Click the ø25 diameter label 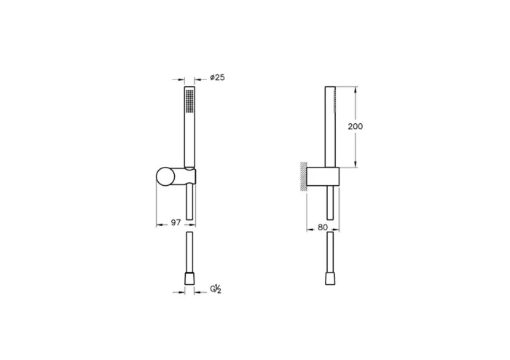(216, 78)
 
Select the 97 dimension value (176, 223)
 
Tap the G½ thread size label (216, 289)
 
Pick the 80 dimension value (321, 227)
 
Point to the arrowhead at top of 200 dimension (356, 90)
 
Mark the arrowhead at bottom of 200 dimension (356, 164)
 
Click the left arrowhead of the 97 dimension (160, 223)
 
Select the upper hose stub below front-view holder (190, 204)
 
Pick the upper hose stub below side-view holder (331, 204)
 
